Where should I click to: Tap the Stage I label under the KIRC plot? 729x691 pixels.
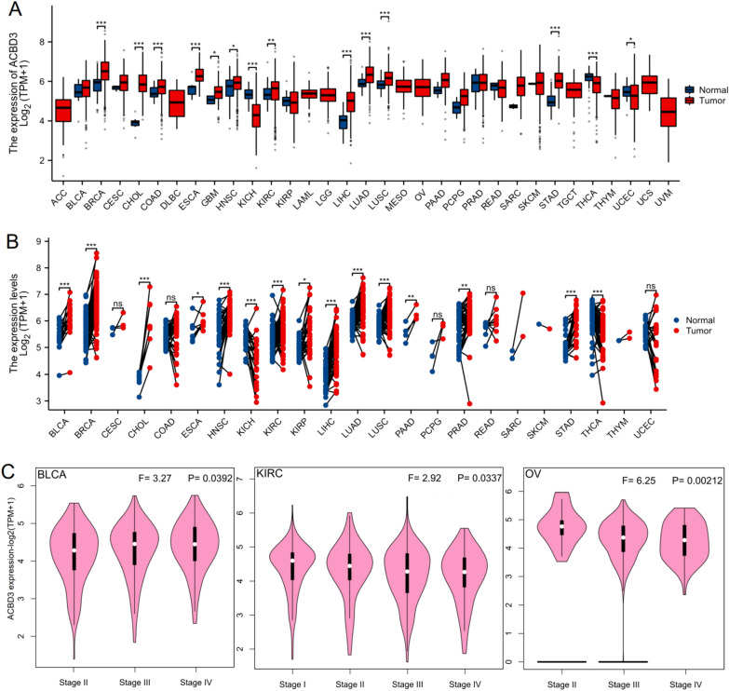[x=294, y=670]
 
